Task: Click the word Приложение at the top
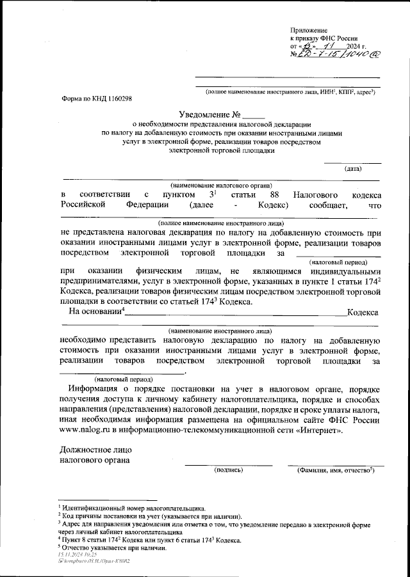309,30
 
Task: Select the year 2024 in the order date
354,47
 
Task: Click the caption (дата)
352,169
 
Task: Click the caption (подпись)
228,470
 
